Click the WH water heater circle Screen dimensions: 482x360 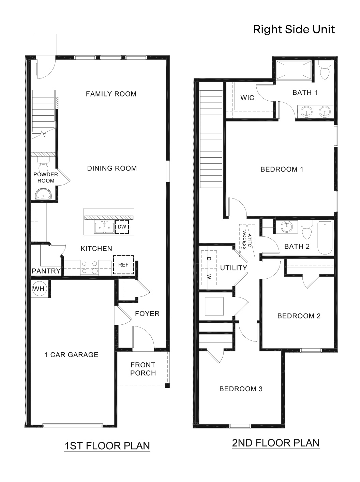click(39, 289)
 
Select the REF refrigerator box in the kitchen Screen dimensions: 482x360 click(123, 265)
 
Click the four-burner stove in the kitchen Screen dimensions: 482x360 click(89, 267)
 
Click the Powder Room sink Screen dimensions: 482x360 click(43, 195)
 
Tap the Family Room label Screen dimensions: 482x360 click(111, 94)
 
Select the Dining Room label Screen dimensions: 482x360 click(112, 168)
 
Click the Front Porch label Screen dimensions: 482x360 click(143, 369)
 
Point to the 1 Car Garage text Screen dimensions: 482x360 click(71, 355)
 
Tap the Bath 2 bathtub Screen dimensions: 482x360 click(325, 238)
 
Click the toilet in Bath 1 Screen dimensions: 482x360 click(325, 71)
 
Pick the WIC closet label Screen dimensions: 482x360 click(247, 98)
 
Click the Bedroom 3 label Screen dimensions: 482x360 click(241, 389)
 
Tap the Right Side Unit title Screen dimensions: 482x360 click(294, 29)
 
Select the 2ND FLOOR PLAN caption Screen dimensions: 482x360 click(275, 443)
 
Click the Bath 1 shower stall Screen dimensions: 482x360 click(294, 70)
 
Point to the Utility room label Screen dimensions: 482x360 click(234, 268)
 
